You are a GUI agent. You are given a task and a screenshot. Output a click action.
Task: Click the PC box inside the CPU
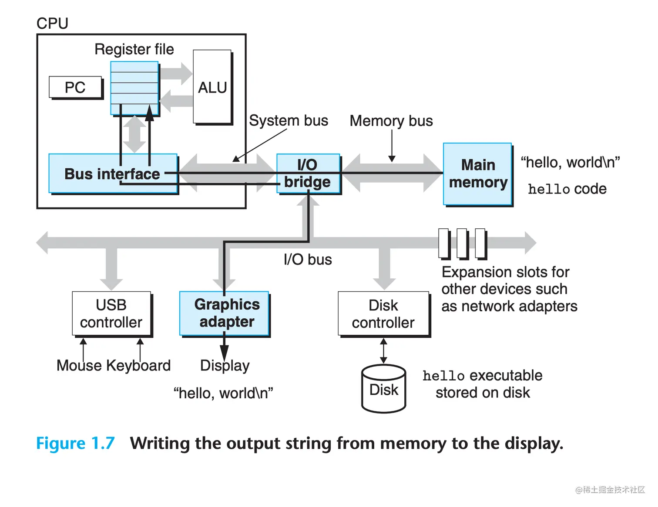point(75,87)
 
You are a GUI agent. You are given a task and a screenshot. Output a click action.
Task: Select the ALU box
point(212,87)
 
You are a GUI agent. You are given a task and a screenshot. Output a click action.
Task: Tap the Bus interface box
point(113,173)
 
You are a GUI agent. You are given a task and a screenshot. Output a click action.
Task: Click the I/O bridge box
point(308,173)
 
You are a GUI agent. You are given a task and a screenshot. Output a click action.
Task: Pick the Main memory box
point(477,173)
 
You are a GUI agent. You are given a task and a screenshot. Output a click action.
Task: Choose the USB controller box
point(111,314)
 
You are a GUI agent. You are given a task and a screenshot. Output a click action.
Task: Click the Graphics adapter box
point(225,313)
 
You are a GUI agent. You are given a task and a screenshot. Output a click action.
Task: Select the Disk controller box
point(383,314)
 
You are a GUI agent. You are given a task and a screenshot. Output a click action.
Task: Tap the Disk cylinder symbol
point(383,389)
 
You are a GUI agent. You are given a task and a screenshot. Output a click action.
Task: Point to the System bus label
point(289,120)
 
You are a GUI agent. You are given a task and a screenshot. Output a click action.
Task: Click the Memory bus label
point(391,120)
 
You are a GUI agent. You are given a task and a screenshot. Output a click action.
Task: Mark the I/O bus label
point(308,260)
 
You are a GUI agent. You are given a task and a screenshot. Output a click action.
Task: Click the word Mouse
point(79,365)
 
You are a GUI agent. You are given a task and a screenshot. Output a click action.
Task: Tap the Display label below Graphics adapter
point(225,366)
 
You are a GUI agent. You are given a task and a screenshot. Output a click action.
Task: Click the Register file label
point(134,49)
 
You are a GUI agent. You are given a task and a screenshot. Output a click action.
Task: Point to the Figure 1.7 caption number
point(75,444)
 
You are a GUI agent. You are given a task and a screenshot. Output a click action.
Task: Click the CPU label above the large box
point(52,23)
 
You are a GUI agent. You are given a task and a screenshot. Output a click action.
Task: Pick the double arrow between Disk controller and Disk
point(383,351)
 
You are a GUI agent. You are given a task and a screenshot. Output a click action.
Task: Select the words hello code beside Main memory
point(567,189)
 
